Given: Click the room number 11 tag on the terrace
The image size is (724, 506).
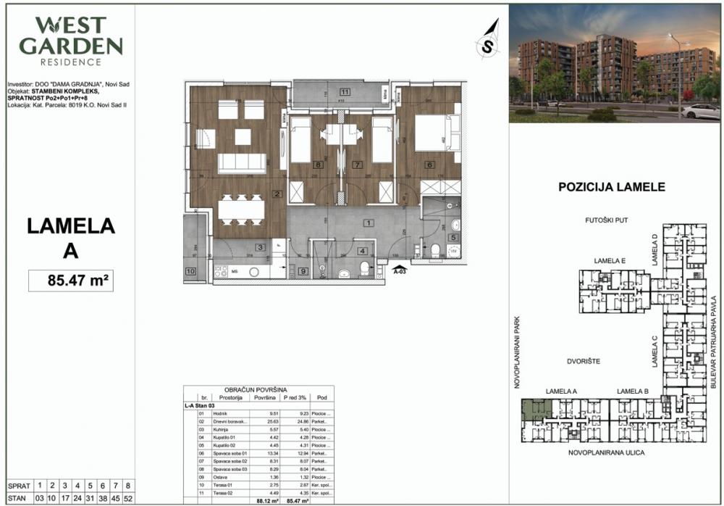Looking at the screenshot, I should click(x=345, y=92).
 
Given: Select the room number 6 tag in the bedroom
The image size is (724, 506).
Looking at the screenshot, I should click(x=429, y=165).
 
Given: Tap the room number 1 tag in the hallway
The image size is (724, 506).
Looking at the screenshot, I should click(x=369, y=223).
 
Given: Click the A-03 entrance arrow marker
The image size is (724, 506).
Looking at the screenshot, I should click(x=400, y=270).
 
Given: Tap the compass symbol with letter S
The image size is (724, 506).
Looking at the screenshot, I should click(x=489, y=44).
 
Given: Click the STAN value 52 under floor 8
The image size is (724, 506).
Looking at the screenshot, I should click(x=127, y=499).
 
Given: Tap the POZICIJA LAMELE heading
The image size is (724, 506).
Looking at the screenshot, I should click(x=612, y=186).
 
